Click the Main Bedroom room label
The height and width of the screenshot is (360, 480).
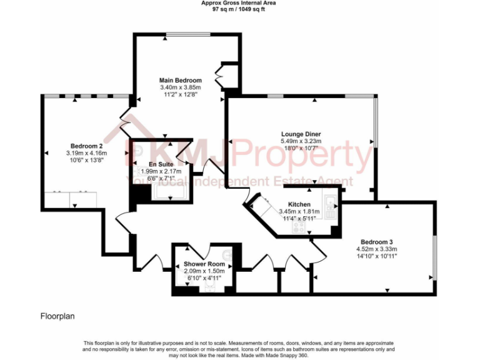pos(180,81)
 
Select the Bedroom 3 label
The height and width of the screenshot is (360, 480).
pos(376,241)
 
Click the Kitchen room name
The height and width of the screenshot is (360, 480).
pos(299,204)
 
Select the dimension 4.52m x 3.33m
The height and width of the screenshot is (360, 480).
pos(376,249)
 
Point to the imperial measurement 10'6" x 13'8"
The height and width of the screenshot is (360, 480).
pos(86,160)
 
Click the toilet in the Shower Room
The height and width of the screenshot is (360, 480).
pos(211,287)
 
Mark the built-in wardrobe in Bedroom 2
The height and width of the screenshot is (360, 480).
pos(70,198)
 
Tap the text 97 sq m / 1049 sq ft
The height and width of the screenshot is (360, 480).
pos(238,9)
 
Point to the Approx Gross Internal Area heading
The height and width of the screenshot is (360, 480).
pos(238,3)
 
